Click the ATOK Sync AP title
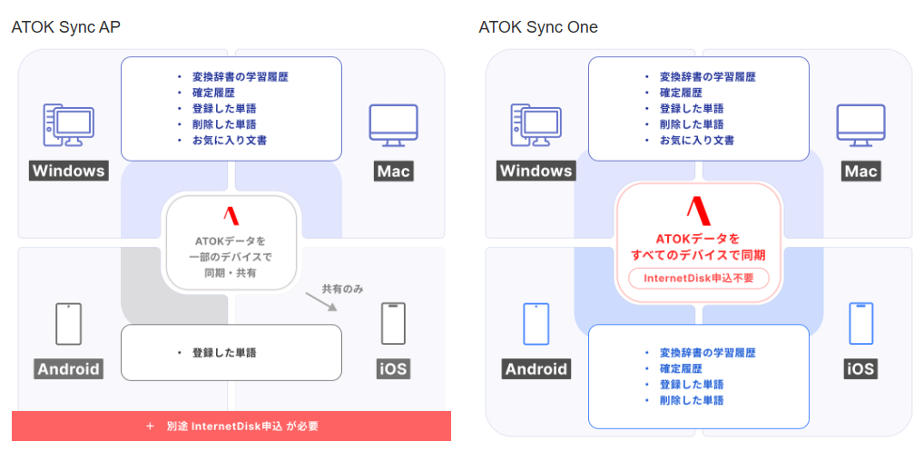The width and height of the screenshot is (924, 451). [65, 27]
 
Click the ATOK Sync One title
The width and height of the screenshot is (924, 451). [538, 27]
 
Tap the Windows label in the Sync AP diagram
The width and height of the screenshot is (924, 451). [69, 171]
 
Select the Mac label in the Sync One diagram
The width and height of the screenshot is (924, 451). [860, 171]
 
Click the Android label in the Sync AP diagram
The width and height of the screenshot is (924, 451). [69, 368]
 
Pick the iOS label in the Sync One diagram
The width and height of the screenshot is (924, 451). [860, 368]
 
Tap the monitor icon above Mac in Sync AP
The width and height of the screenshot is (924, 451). [393, 124]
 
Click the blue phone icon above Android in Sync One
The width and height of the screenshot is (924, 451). [536, 323]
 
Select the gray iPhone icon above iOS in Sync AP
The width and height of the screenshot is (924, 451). [393, 323]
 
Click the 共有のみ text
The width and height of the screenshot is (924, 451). [342, 289]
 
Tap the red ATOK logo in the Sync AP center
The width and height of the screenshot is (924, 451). [231, 216]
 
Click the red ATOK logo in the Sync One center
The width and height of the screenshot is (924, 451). [698, 211]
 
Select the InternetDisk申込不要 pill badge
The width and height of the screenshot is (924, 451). [699, 278]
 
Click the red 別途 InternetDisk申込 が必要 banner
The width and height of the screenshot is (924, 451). [231, 426]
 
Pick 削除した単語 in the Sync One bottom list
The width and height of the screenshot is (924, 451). [691, 400]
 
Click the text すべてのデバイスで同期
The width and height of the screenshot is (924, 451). [698, 255]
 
